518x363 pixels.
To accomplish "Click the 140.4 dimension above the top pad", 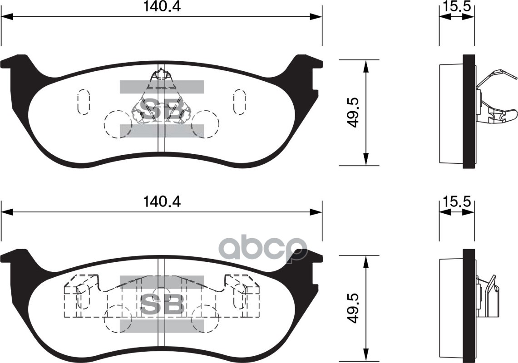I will click(x=162, y=7).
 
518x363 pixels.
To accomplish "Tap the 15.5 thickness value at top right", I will click(x=456, y=7).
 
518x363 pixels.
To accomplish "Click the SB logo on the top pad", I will click(x=162, y=109).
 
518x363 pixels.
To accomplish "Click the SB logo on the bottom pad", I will click(x=162, y=304).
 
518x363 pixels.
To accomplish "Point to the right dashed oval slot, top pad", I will click(x=239, y=101).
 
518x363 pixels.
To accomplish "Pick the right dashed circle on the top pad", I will click(x=205, y=124).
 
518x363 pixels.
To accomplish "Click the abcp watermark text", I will click(x=263, y=248).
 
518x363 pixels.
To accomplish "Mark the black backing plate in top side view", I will click(x=469, y=111).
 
